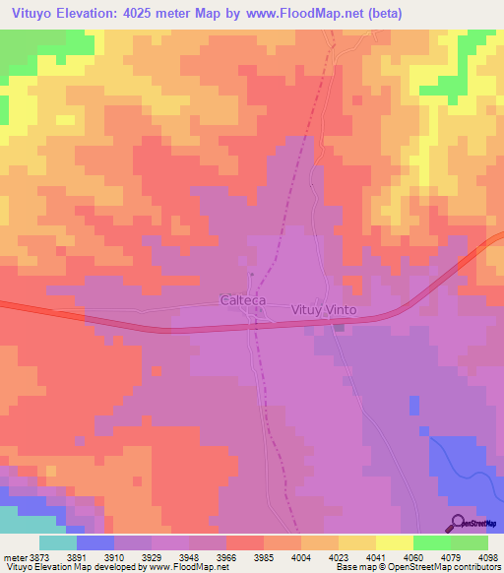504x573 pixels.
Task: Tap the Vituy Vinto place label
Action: (x=324, y=309)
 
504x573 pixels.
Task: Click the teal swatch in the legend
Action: (x=57, y=542)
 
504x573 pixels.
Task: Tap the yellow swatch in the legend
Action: (x=394, y=542)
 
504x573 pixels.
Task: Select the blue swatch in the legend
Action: (x=94, y=542)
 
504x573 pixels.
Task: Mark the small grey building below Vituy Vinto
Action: (x=339, y=328)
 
